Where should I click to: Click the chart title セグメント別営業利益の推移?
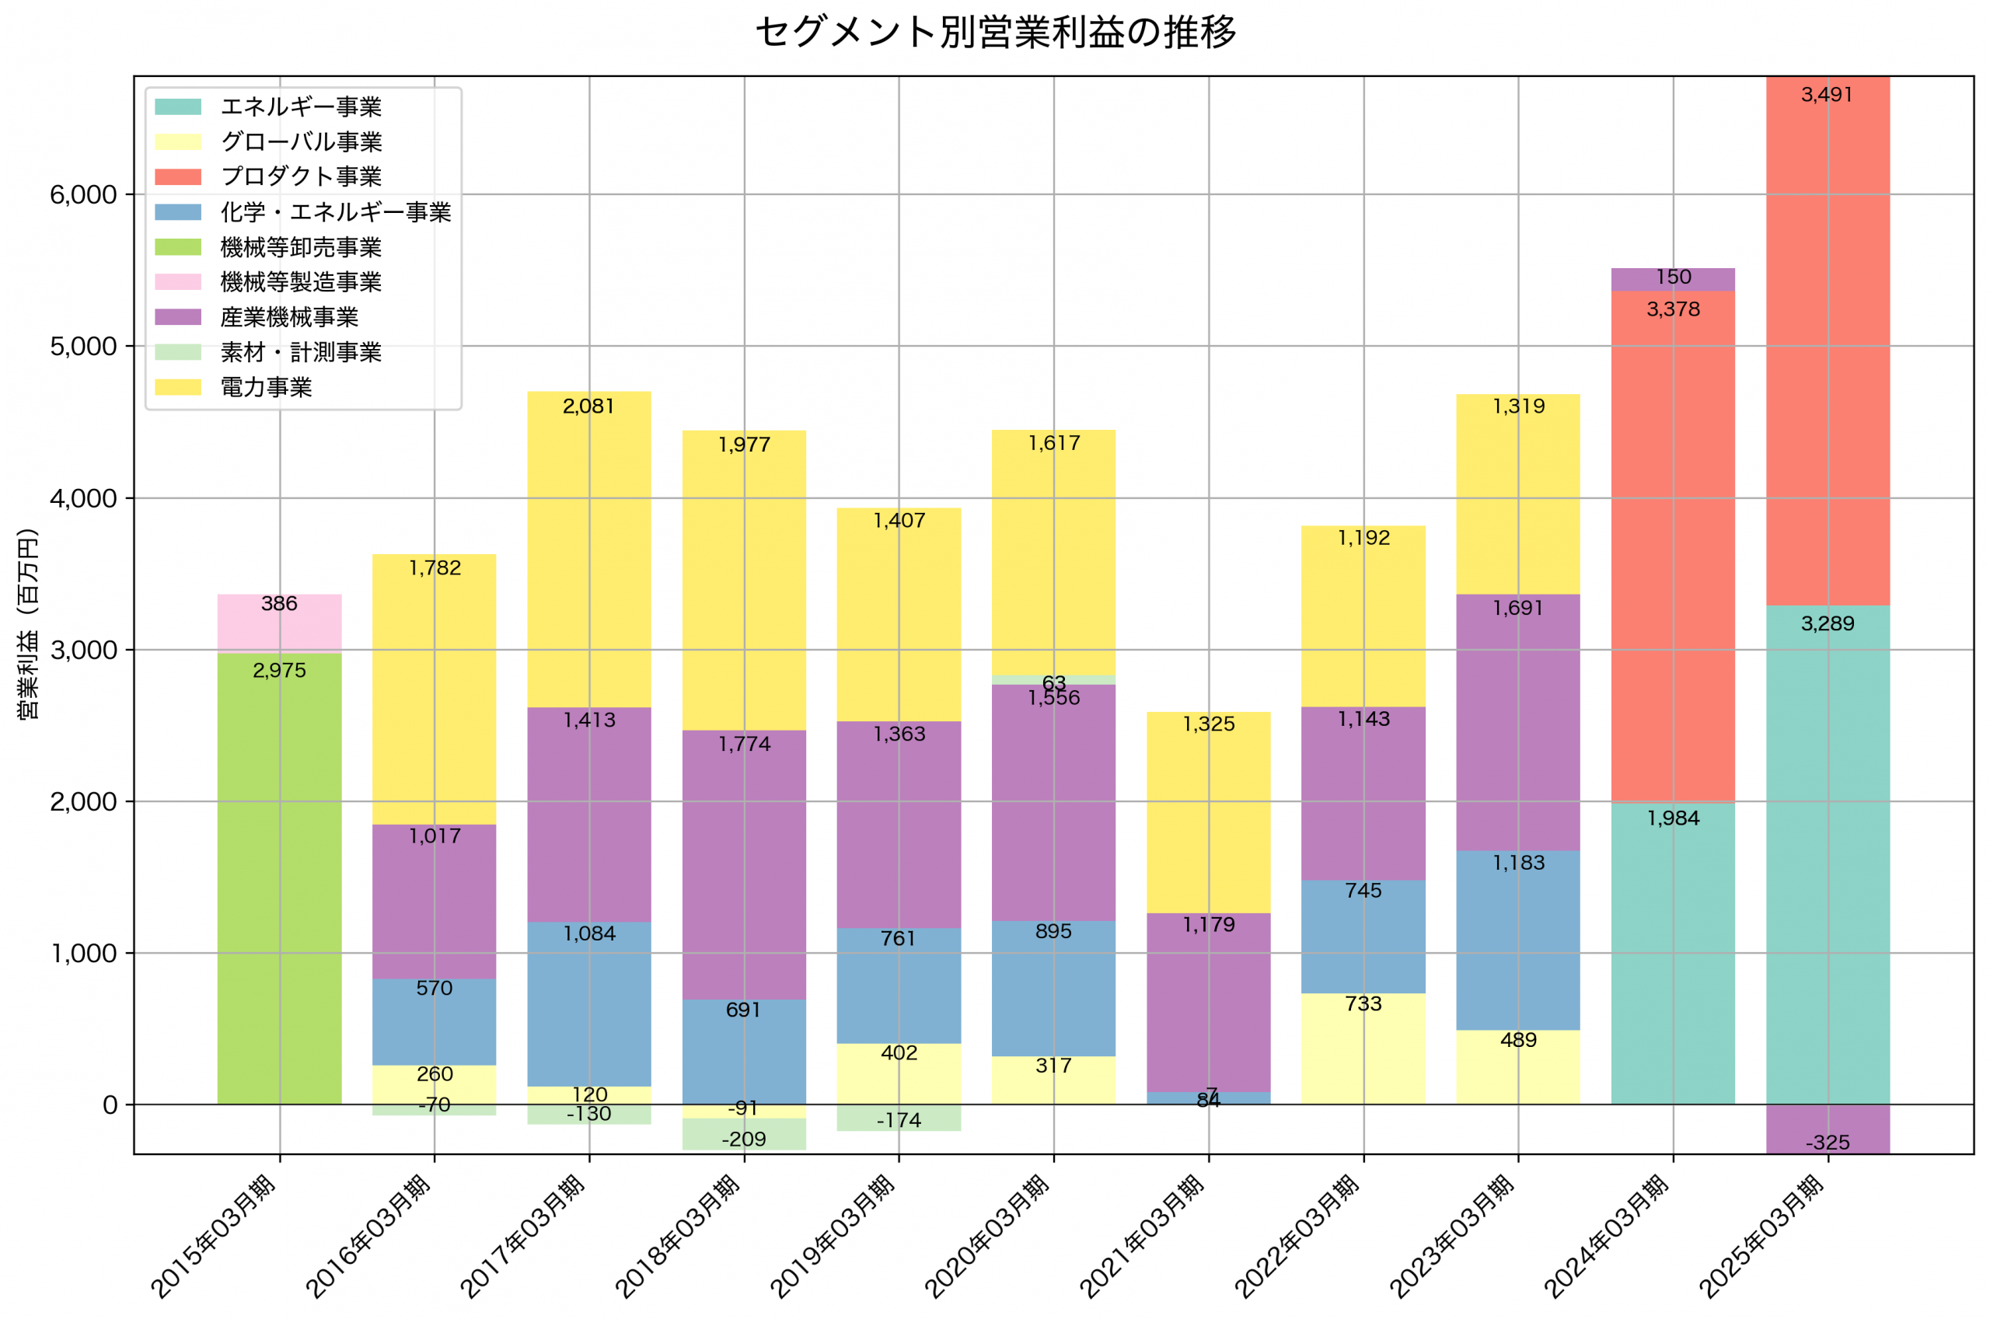click(x=995, y=33)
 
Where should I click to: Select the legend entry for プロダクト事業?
click(x=300, y=176)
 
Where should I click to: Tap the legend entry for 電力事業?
click(x=266, y=387)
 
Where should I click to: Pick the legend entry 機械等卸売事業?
click(x=300, y=247)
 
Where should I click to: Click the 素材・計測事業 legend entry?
click(x=300, y=351)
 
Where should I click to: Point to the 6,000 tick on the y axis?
click(x=82, y=195)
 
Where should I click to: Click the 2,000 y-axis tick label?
click(x=82, y=801)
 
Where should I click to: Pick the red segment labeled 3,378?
click(x=1672, y=546)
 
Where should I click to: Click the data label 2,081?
click(x=588, y=407)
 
